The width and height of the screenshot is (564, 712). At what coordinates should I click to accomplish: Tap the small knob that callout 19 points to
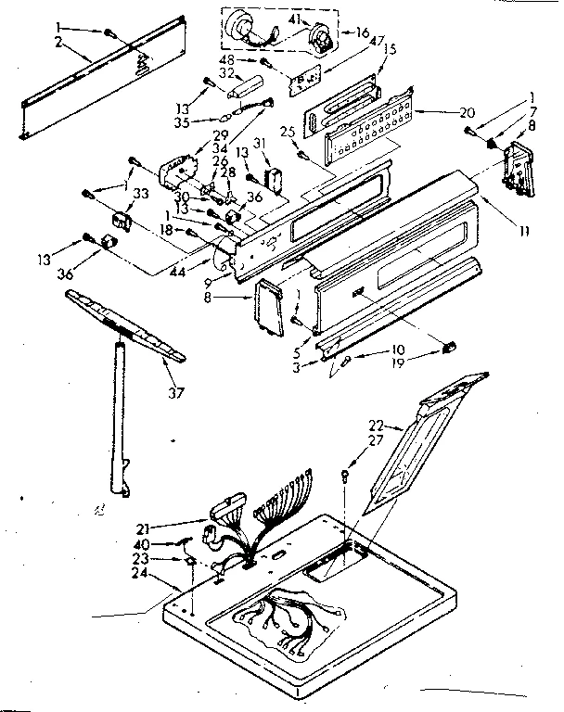click(x=450, y=348)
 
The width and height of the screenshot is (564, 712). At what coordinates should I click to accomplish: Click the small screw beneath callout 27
click(x=345, y=475)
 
